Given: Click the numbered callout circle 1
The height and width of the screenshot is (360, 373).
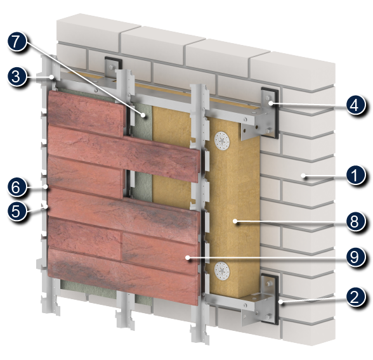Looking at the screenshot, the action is [355, 176].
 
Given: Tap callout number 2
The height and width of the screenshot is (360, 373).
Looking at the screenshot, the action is [355, 297].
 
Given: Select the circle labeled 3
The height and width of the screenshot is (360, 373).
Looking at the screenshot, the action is [16, 77].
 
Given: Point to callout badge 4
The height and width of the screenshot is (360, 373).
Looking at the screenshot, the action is [355, 105].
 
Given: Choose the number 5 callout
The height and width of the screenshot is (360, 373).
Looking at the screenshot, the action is [16, 211].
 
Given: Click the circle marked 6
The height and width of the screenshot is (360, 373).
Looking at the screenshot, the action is [16, 187].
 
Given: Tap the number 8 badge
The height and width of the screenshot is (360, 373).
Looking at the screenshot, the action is [355, 222].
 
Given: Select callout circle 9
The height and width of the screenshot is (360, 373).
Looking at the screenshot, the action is [355, 257].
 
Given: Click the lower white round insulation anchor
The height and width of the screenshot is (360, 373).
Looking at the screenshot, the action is [222, 271].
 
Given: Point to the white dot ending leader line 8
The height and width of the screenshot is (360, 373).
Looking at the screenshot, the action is [235, 221].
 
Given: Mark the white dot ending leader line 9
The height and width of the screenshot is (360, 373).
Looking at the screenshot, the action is [188, 257].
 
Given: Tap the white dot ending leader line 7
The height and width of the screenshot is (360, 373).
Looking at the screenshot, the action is [143, 115].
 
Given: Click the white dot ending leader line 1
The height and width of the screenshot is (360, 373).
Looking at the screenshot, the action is [303, 176].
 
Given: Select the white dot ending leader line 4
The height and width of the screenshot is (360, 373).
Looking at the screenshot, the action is [272, 103].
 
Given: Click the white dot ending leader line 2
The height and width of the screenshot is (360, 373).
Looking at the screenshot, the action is [281, 302].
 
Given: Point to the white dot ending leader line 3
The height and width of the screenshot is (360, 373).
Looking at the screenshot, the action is [51, 77].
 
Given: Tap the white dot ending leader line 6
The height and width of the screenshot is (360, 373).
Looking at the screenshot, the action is [46, 187].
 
